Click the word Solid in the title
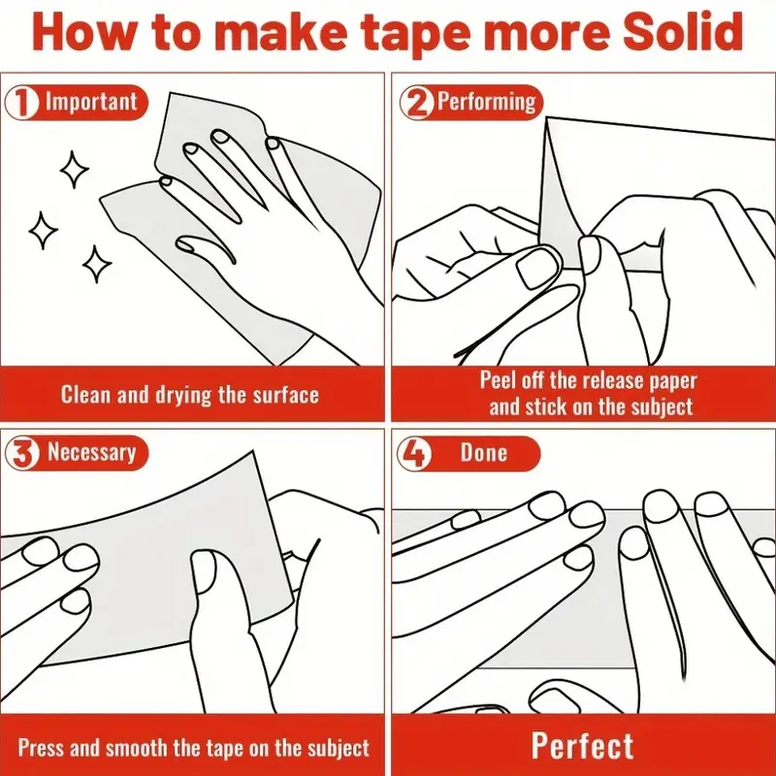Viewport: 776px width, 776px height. tap(683, 31)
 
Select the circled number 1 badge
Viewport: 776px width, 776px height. tap(21, 103)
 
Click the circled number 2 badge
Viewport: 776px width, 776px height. tap(416, 103)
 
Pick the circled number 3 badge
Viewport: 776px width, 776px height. tap(21, 453)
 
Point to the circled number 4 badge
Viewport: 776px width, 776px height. tap(414, 453)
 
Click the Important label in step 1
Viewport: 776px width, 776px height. tap(91, 102)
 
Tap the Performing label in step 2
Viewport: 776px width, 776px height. tap(487, 102)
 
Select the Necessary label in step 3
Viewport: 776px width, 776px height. tap(91, 452)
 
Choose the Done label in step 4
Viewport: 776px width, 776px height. tap(483, 452)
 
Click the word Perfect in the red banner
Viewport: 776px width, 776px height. tap(582, 746)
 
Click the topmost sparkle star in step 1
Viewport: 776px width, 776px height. tap(75, 169)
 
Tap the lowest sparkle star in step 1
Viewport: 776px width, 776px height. tap(96, 264)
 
